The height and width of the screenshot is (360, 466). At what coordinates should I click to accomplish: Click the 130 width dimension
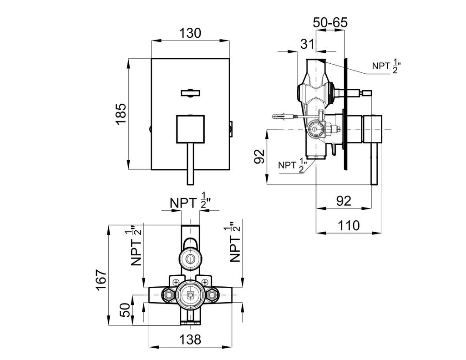click(190, 33)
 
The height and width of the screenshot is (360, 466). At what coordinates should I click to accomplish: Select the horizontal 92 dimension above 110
click(344, 201)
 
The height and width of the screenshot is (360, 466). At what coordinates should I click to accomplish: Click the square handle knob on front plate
click(190, 129)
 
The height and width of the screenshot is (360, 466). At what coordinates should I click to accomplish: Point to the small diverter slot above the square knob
click(190, 93)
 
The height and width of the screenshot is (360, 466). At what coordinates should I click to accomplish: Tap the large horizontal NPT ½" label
click(189, 203)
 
